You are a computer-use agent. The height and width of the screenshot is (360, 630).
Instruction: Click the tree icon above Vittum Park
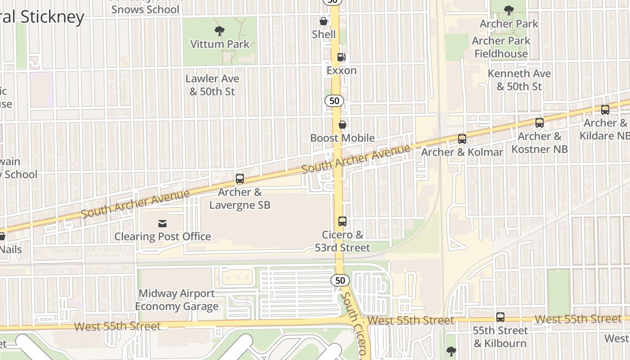coord(220,31)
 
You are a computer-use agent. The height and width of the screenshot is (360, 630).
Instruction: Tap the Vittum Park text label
coord(220,44)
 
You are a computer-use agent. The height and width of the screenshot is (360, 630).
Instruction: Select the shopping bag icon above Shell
coord(323,21)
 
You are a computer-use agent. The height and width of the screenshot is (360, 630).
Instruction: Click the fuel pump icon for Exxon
coord(342,57)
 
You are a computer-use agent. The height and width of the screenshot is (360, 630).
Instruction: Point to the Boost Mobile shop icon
coord(342,125)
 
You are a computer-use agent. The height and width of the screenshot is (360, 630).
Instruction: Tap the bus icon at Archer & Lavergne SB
coord(240,179)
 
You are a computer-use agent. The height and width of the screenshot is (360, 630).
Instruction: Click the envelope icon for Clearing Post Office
coord(162,224)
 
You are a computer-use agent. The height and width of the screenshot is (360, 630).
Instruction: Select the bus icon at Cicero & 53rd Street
coord(342,221)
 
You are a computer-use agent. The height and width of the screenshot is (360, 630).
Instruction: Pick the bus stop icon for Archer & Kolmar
coord(462,139)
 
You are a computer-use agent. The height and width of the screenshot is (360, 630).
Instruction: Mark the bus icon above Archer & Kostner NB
coord(539,123)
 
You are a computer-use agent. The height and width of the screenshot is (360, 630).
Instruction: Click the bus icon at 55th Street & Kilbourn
coord(500,317)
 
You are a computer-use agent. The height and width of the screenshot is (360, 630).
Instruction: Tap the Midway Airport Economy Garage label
coord(176,300)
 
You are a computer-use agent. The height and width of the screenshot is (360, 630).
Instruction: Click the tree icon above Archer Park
coord(509,10)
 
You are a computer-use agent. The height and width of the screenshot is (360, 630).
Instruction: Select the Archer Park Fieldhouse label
coord(501,47)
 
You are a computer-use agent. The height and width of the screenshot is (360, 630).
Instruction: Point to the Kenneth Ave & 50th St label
coord(519,80)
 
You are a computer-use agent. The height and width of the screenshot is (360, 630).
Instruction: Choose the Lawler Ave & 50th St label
coord(212,85)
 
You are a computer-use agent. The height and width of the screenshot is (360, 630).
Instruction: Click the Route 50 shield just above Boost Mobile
coord(334,101)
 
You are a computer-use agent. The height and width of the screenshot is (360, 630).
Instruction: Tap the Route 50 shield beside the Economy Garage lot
coord(340,280)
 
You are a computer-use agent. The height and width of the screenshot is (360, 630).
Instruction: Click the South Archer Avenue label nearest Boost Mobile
coord(356,160)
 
